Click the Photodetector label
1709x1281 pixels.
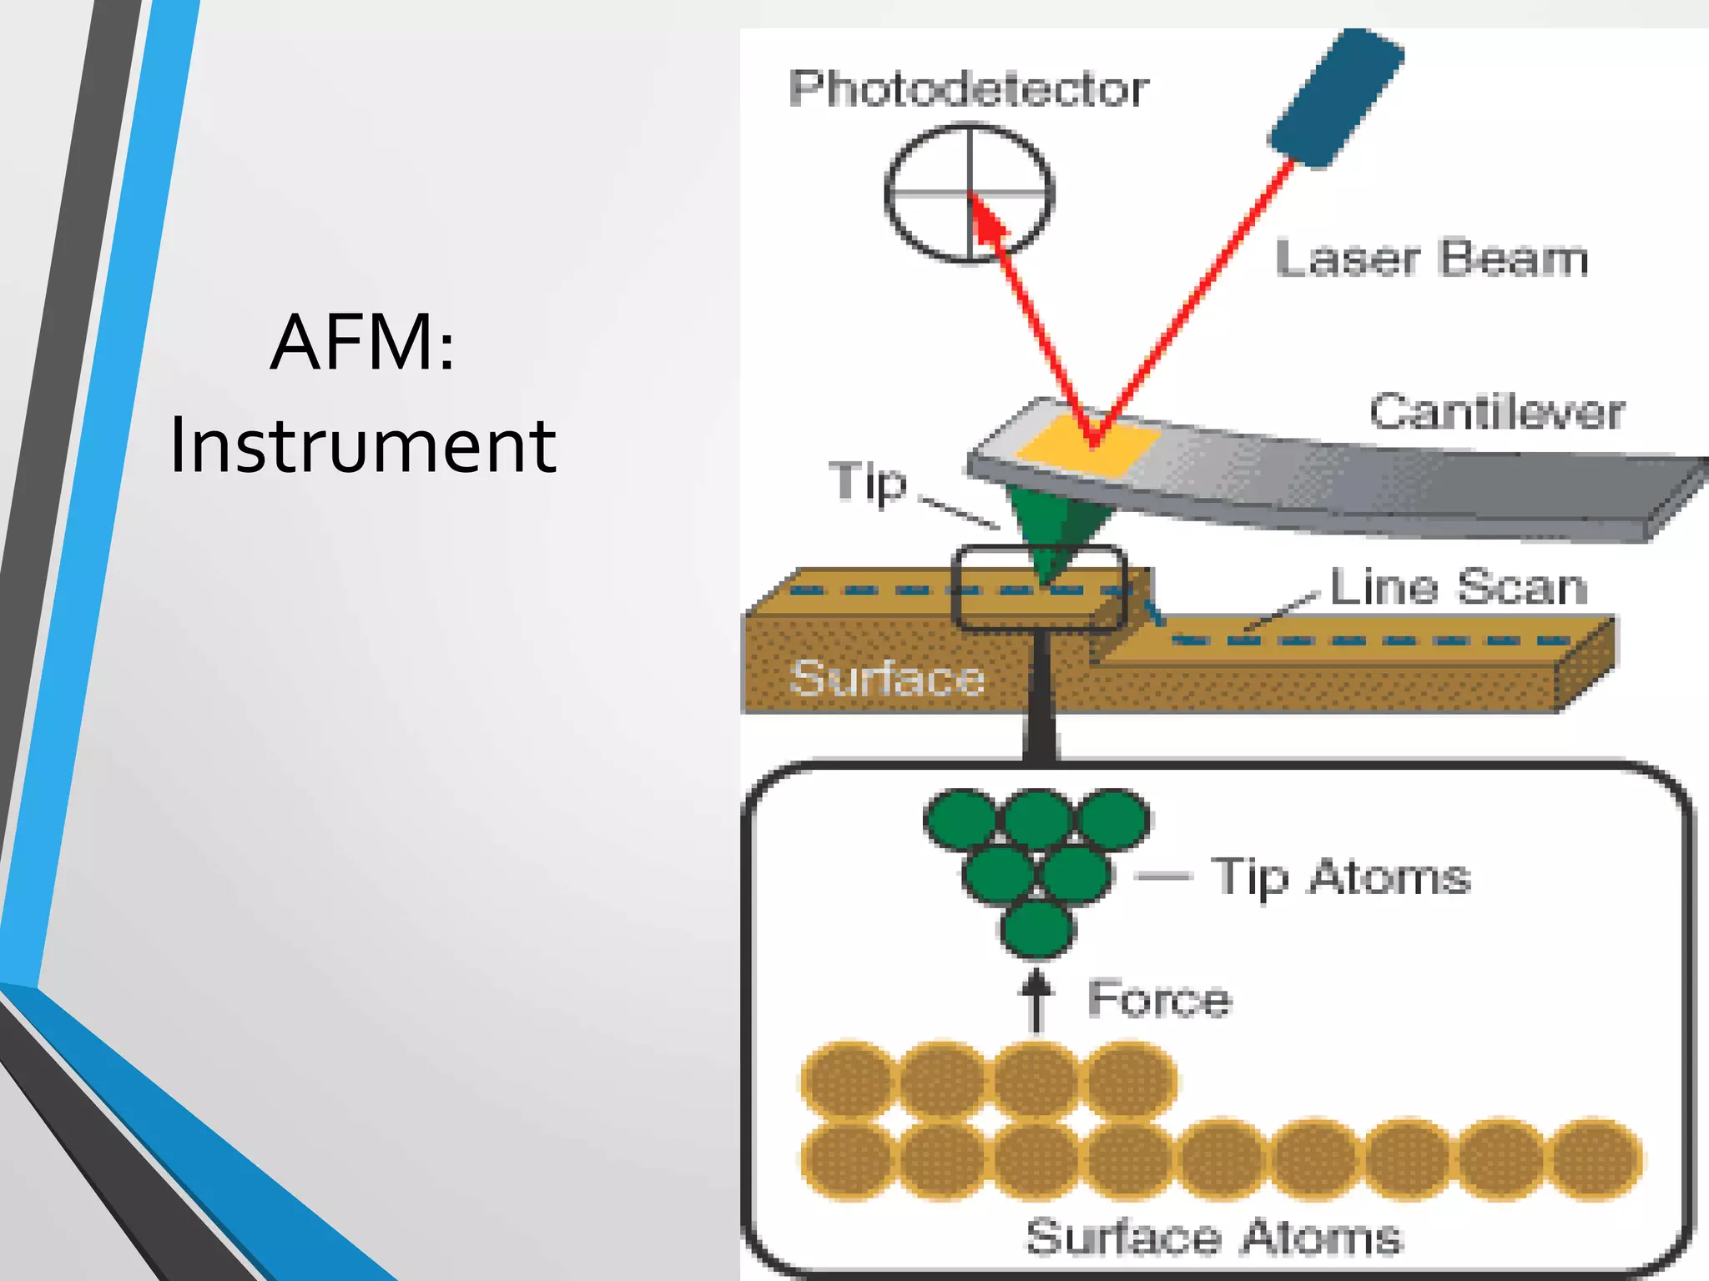pos(968,89)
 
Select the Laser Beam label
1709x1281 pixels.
pos(1431,259)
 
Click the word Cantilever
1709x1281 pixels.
pos(1496,412)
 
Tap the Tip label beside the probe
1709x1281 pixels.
pos(868,482)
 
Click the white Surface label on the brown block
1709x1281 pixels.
pos(887,677)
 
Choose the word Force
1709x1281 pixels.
pos(1159,998)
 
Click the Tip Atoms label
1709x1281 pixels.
pos(1341,877)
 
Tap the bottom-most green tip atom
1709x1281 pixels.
pos(1036,929)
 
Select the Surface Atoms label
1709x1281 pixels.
pos(1213,1236)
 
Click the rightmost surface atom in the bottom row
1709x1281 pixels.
pos(1596,1159)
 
